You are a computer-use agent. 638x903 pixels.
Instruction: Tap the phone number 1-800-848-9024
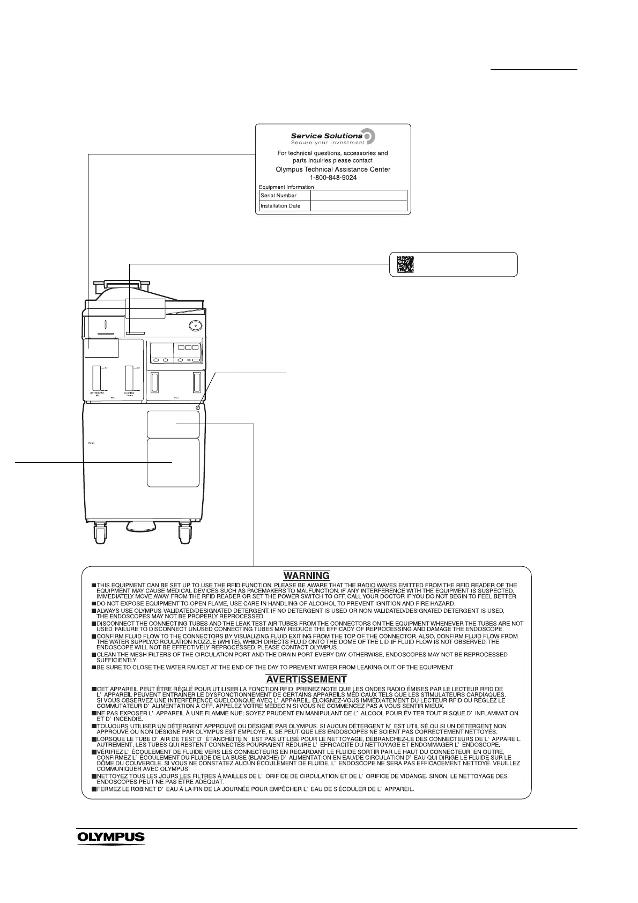click(x=333, y=177)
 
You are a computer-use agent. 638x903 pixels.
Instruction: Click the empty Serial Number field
click(x=359, y=196)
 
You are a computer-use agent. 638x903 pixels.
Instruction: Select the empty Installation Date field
click(x=359, y=206)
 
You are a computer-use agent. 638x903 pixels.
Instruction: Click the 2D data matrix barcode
click(x=406, y=264)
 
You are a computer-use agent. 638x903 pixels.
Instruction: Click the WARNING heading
click(x=306, y=576)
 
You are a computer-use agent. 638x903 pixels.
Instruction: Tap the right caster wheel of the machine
click(x=185, y=534)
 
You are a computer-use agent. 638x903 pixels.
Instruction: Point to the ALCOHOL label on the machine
click(x=129, y=393)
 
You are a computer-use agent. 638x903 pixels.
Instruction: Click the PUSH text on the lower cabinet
click(x=92, y=444)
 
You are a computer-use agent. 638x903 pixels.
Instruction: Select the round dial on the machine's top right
click(x=195, y=325)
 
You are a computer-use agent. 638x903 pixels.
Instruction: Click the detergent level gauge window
click(x=97, y=378)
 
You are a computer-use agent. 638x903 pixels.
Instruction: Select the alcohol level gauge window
click(x=129, y=378)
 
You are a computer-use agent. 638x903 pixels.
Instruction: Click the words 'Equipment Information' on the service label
click(x=287, y=187)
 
